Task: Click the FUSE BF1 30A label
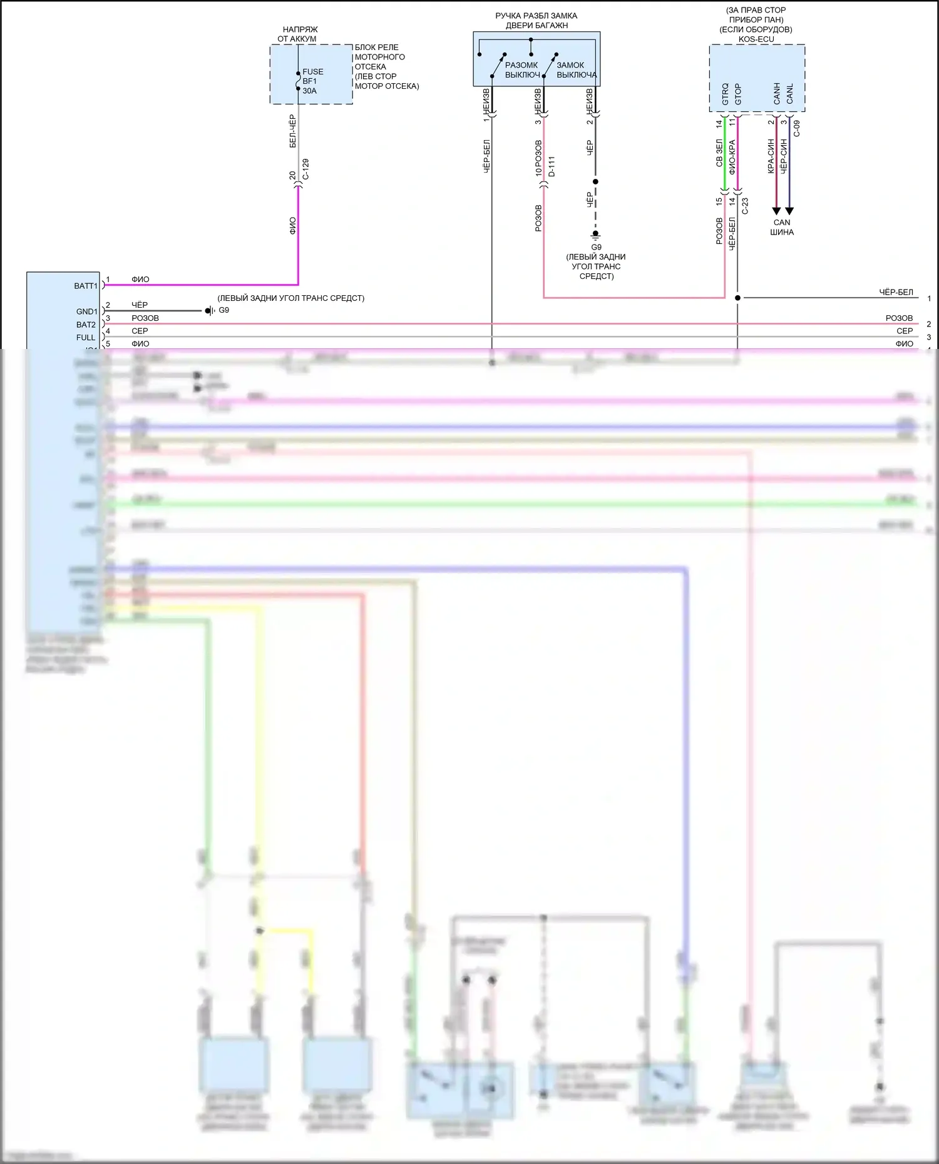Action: click(x=312, y=81)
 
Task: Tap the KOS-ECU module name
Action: click(x=756, y=39)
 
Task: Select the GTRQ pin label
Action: click(x=725, y=94)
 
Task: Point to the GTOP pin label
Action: click(x=738, y=94)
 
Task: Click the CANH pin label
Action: click(x=777, y=94)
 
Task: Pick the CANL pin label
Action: click(x=790, y=94)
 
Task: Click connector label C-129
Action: click(x=305, y=169)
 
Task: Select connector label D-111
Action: click(x=552, y=166)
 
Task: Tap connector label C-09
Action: click(x=797, y=129)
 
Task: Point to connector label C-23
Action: click(x=745, y=206)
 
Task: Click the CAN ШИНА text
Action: click(x=782, y=227)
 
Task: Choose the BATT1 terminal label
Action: click(x=86, y=286)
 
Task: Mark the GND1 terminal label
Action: click(x=87, y=311)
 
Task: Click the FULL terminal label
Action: click(x=86, y=338)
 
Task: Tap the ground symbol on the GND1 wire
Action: click(x=209, y=311)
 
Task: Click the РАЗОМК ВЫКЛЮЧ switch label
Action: click(x=522, y=70)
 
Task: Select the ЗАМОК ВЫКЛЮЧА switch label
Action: click(x=576, y=70)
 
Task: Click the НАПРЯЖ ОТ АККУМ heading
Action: click(x=298, y=34)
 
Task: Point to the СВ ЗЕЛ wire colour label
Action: click(x=719, y=153)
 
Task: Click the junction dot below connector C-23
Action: click(x=737, y=298)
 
